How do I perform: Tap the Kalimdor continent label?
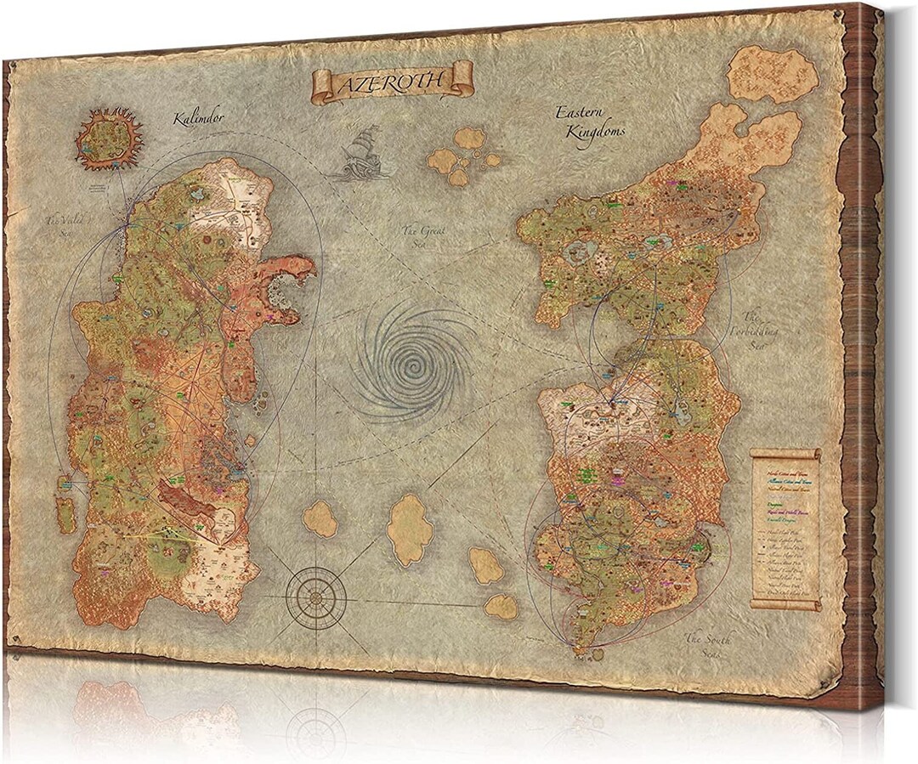click(196, 118)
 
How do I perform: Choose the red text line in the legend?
click(784, 473)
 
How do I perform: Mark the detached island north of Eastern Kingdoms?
click(773, 75)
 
